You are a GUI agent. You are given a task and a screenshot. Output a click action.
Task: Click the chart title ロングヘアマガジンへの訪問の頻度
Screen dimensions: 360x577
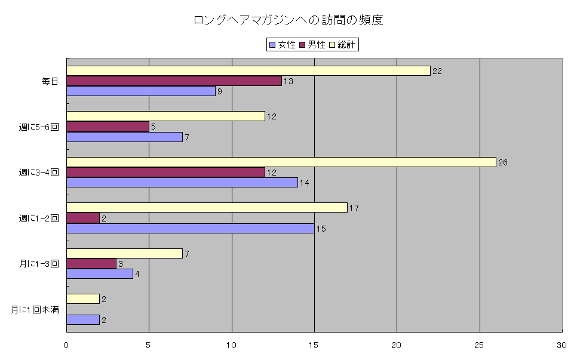pos(288,20)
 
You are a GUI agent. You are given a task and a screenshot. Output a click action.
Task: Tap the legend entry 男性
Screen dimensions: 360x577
pos(316,45)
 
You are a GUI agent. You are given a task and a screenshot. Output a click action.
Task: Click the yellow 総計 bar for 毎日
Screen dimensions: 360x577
pos(248,70)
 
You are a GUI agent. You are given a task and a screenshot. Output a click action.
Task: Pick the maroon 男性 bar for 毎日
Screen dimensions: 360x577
pos(174,81)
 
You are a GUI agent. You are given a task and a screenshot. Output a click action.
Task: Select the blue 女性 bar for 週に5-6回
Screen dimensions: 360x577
pos(124,137)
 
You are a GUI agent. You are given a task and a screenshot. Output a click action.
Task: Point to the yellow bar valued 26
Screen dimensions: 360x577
pos(281,162)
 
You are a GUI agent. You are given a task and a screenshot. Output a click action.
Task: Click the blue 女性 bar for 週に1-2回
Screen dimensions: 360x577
pos(190,228)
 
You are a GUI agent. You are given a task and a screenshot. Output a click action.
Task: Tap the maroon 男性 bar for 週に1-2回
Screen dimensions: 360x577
pos(83,218)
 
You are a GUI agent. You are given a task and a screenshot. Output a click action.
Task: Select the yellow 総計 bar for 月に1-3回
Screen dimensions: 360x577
pos(124,253)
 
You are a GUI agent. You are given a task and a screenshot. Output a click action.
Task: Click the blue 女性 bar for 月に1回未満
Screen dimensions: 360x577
pos(83,319)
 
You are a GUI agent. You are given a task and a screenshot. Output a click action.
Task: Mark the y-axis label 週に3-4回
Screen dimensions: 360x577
pos(39,173)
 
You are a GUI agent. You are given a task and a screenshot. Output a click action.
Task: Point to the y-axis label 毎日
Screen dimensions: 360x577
pos(50,81)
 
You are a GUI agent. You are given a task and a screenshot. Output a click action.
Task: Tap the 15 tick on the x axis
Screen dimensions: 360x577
pos(314,345)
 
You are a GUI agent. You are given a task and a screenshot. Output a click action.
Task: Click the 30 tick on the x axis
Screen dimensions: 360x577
pos(561,345)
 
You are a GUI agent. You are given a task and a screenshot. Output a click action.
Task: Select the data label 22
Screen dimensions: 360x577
pos(437,70)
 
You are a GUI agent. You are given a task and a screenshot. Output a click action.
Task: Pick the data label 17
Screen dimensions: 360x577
pos(354,208)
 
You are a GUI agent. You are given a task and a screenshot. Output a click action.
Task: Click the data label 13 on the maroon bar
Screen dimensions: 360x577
pos(288,81)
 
